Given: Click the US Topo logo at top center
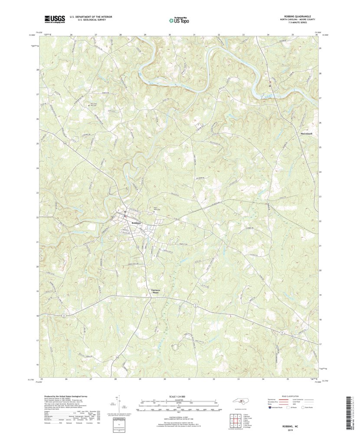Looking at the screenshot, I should (x=180, y=19).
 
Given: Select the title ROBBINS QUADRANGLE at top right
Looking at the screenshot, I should (x=297, y=16).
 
